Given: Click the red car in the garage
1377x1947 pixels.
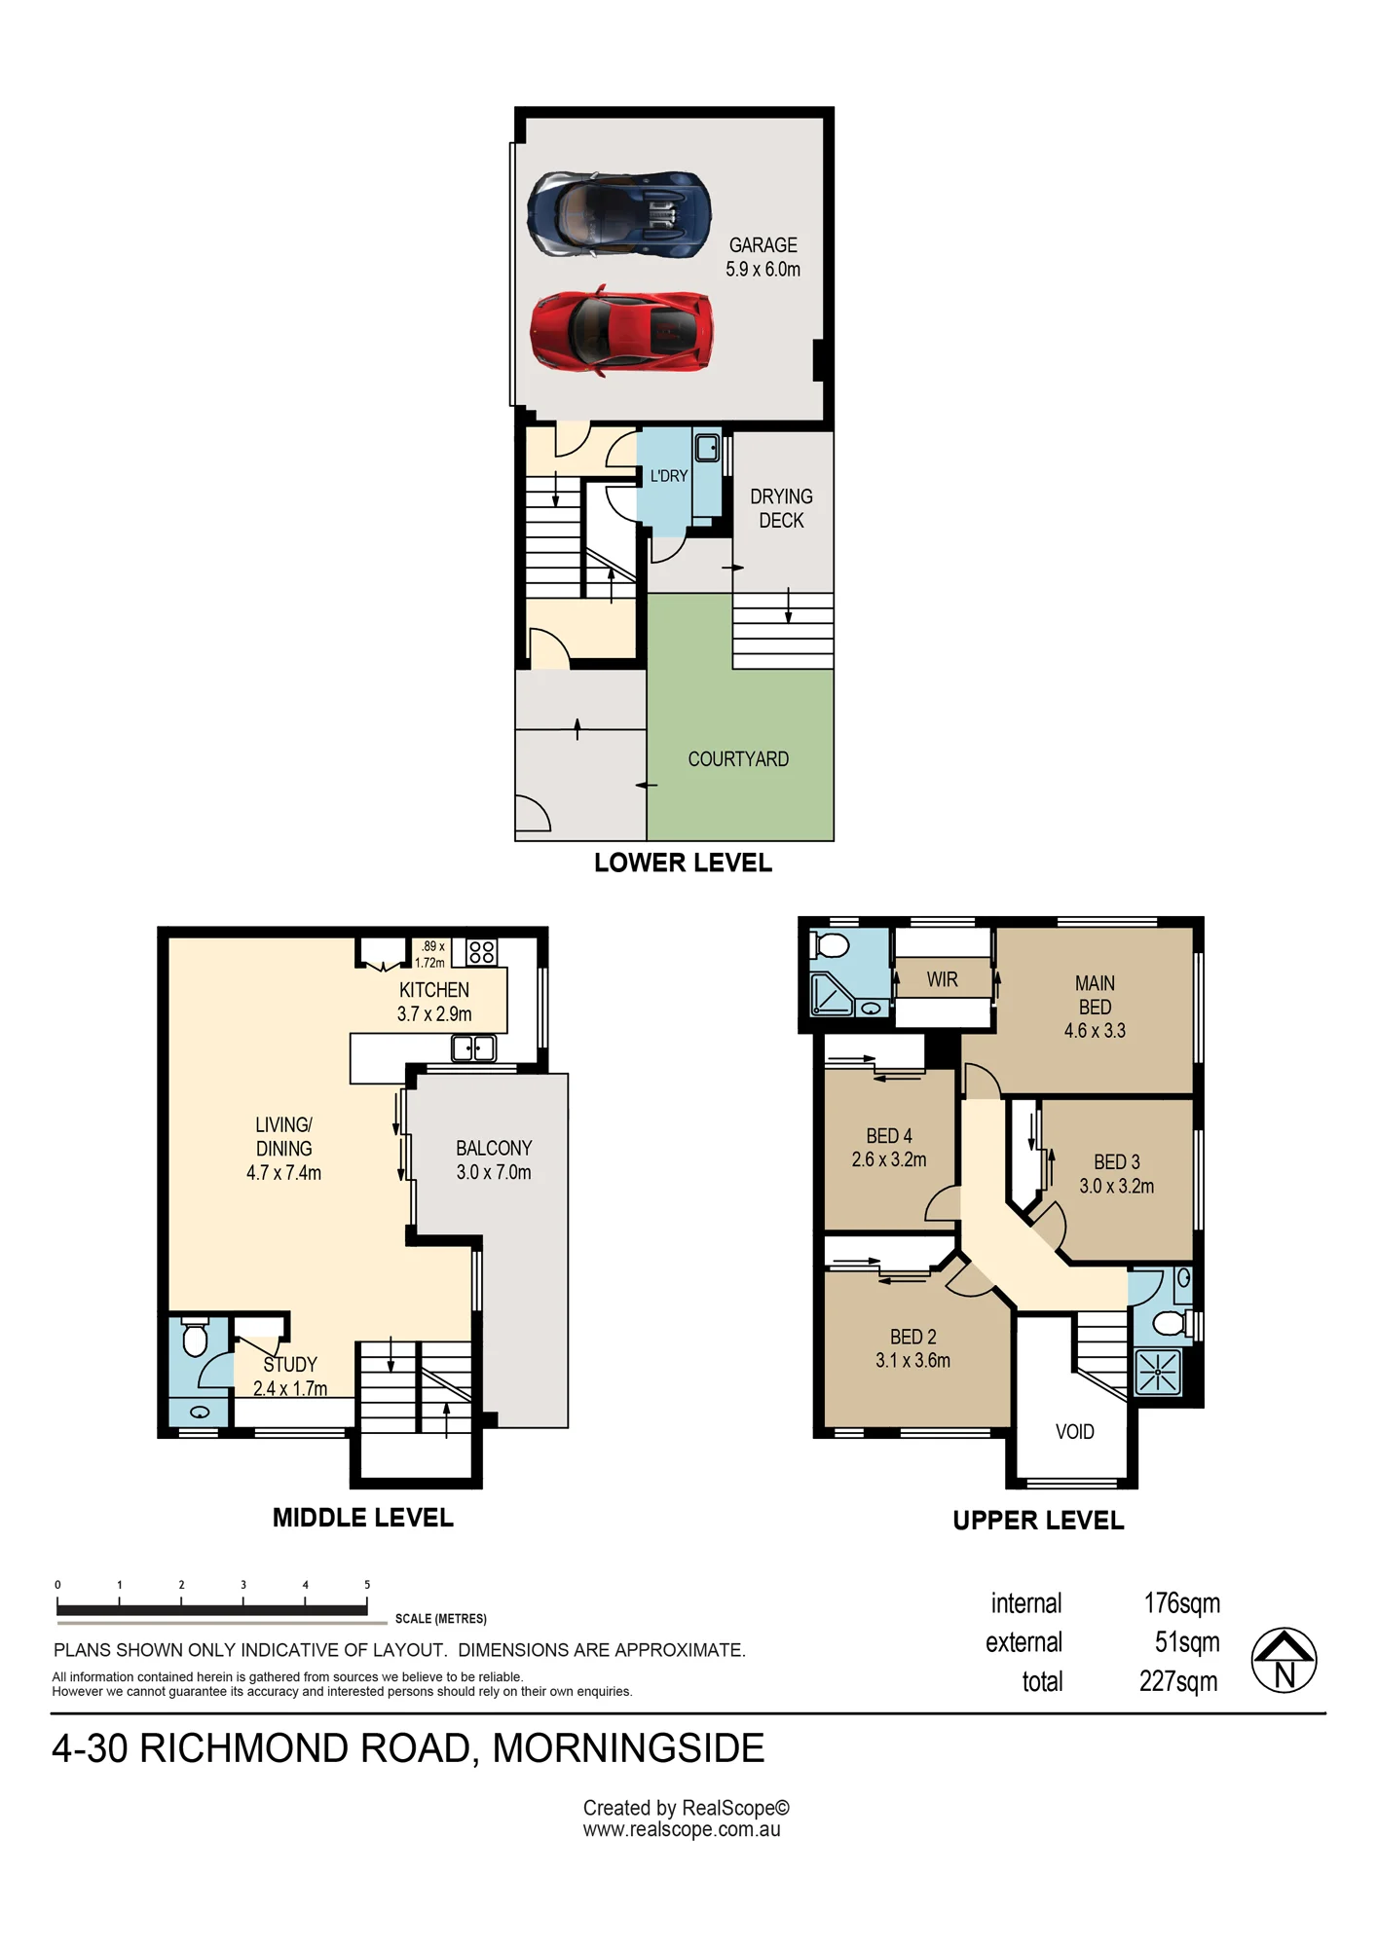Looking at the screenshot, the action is pos(620,331).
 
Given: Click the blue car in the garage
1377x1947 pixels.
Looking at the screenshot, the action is pos(619,214).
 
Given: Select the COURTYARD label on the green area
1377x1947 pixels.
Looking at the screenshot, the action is pos(738,759).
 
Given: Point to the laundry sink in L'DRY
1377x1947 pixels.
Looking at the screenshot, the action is pos(707,448).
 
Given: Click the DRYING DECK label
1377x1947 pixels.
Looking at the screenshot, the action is pos(781,508).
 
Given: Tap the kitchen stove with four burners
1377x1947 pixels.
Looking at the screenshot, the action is pos(482,951).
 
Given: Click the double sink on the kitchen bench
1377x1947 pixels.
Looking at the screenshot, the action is pos(474,1047).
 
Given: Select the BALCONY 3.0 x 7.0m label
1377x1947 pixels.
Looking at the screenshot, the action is pos(494,1160).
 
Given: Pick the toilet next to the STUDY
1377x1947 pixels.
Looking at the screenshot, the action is pos(195,1338).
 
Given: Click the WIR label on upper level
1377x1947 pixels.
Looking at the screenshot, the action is pos(942,979).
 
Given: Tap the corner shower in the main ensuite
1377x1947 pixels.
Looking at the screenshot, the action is pos(833,993).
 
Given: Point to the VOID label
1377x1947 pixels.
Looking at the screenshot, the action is pos(1075,1431).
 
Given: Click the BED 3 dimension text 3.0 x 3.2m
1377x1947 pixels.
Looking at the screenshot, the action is pos(1116,1186).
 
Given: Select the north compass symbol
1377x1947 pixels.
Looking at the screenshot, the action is pos(1284,1660).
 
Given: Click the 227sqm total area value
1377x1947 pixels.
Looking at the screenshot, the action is pos(1178,1681).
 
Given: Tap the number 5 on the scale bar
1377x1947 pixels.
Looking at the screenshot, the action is pos(367,1585).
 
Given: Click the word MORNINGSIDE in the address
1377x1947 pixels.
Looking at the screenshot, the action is pos(628,1748).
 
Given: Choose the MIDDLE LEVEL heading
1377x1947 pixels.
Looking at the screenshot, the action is pos(363,1518).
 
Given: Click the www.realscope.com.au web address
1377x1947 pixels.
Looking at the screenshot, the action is pos(682,1829).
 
